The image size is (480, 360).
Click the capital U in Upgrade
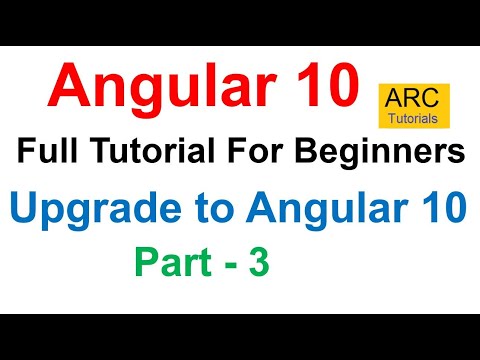click(x=26, y=212)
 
